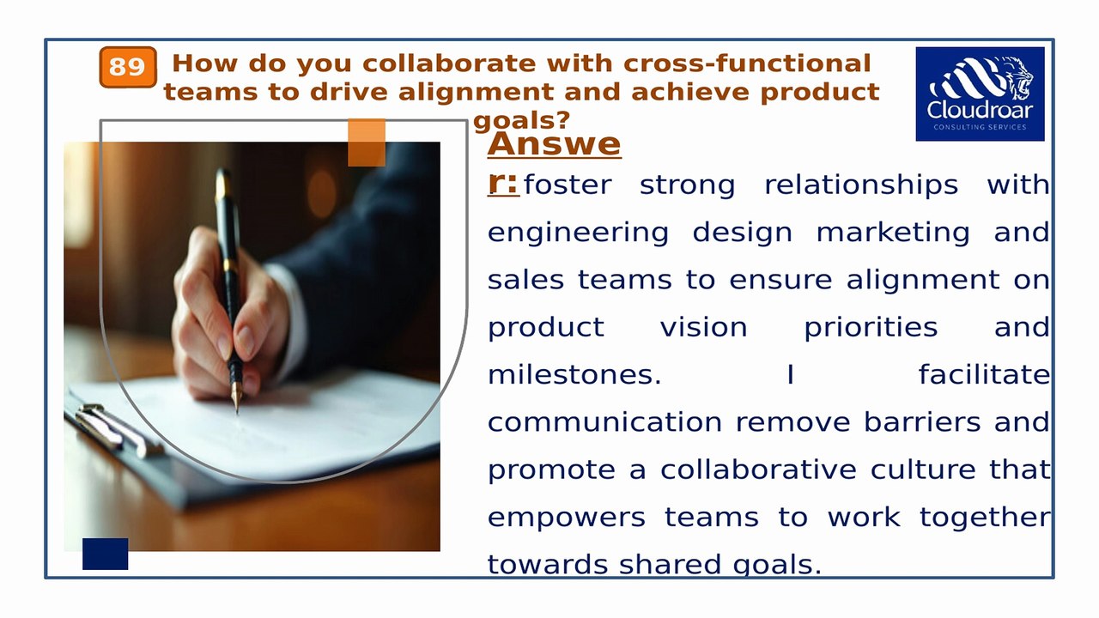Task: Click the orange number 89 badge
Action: point(128,67)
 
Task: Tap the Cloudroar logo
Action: point(980,94)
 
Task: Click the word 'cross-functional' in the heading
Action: point(747,64)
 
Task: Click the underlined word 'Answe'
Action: point(554,144)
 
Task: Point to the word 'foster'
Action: point(568,185)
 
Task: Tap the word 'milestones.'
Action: point(574,375)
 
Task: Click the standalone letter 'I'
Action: point(790,375)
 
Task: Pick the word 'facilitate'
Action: point(983,375)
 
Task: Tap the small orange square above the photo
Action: point(367,142)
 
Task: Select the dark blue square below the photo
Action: point(105,554)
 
